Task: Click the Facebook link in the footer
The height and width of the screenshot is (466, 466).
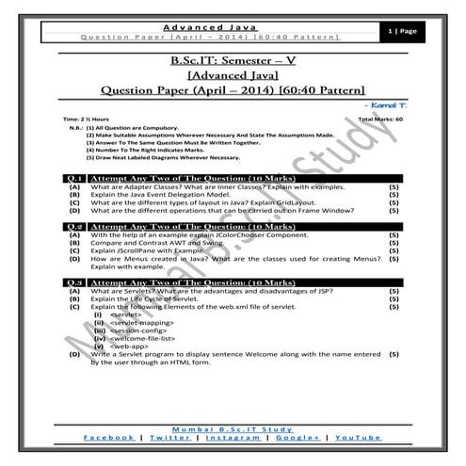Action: [107, 438]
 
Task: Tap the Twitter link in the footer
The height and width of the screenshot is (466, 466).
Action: [169, 438]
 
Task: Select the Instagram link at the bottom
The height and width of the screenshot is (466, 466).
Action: [233, 438]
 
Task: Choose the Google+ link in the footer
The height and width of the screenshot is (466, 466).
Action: [298, 438]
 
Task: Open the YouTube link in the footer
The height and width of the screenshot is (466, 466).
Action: [358, 438]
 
